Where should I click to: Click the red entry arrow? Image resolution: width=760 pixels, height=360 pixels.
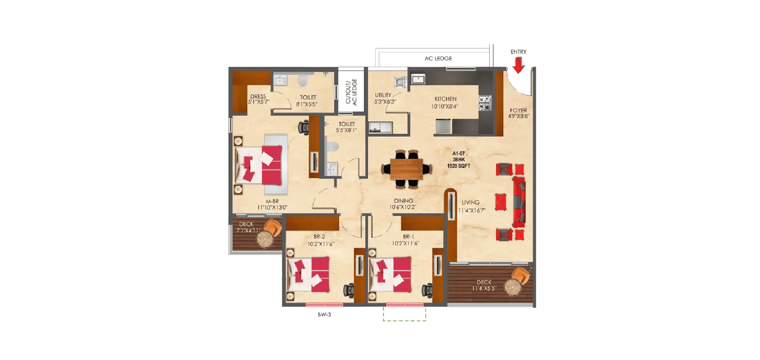point(518,64)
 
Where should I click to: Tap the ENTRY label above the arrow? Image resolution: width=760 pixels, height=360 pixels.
point(518,52)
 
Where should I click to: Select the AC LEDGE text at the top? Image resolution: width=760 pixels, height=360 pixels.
point(438,59)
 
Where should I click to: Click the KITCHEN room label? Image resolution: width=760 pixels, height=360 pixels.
point(445,99)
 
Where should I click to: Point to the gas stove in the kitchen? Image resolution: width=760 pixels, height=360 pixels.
point(485,103)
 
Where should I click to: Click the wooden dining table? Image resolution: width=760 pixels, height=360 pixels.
point(406,169)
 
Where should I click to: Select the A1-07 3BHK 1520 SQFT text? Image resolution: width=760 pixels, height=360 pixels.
point(458,160)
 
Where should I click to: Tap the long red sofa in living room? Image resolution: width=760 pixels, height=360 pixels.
point(519,202)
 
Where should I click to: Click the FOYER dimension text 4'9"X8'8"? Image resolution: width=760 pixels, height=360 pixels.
point(519,116)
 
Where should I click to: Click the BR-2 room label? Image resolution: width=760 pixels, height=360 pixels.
point(319,237)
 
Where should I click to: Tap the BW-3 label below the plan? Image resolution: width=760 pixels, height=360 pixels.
point(324,315)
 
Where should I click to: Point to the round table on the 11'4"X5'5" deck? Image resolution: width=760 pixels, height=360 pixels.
point(512,287)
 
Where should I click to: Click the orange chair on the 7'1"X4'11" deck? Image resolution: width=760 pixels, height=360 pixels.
point(274,227)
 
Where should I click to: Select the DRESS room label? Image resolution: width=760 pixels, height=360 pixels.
point(258,97)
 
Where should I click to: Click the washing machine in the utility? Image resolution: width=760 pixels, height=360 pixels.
point(401,82)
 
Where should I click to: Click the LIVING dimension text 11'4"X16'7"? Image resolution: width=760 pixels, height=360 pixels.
point(471,211)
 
